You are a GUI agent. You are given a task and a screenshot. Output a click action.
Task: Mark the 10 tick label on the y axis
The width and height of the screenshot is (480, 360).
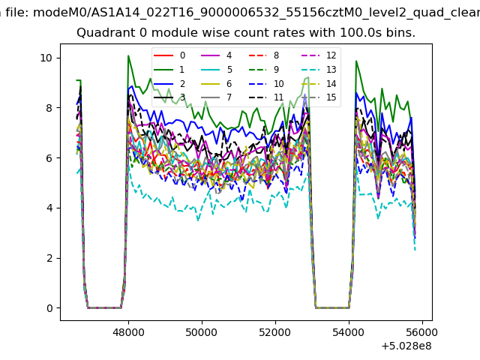[46, 58]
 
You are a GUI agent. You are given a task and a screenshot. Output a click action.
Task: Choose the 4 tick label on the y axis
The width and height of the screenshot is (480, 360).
[48, 208]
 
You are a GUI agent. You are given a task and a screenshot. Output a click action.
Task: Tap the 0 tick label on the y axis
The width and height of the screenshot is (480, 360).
[48, 308]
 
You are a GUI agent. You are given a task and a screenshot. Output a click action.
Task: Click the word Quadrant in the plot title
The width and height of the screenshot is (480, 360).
[103, 34]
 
